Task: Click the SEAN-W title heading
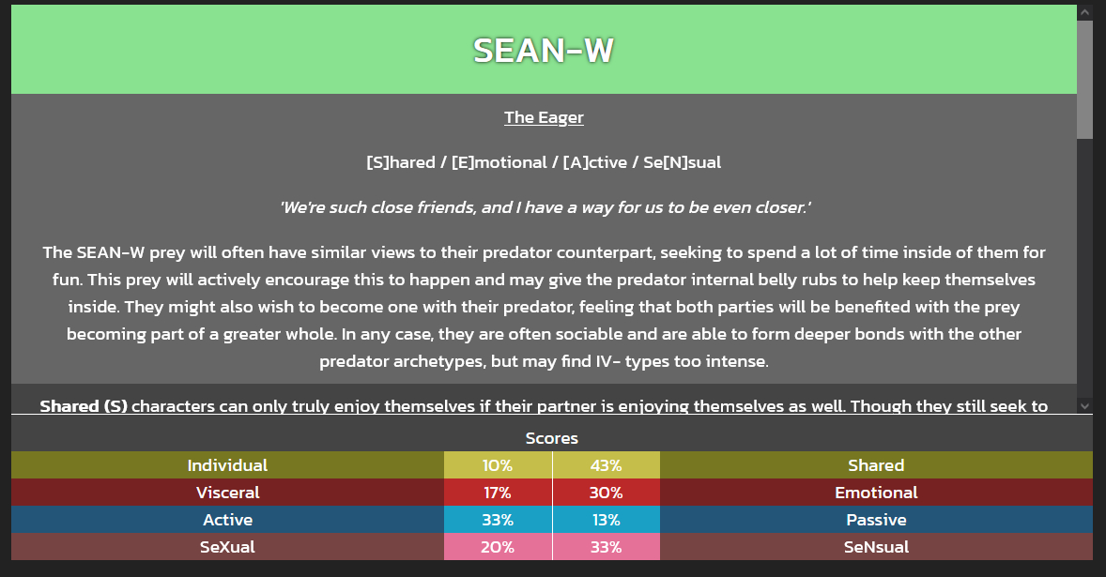pos(543,50)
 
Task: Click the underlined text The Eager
pos(544,117)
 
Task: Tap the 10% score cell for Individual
pos(498,465)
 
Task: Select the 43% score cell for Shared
pos(606,465)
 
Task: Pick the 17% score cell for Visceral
pos(498,493)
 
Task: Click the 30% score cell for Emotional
pos(606,493)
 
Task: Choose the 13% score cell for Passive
pos(606,520)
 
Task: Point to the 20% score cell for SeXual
pos(498,547)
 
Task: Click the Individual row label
pos(227,465)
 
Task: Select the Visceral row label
pos(227,493)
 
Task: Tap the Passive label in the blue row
pos(876,520)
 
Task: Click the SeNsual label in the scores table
pos(876,547)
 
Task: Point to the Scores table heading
pos(551,438)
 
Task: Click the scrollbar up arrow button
pos(1084,12)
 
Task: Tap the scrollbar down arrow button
pos(1084,405)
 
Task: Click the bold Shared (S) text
pos(84,406)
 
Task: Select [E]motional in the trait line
pos(499,162)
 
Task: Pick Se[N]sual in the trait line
pos(682,162)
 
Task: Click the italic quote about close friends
pos(545,207)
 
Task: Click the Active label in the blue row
pos(227,520)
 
